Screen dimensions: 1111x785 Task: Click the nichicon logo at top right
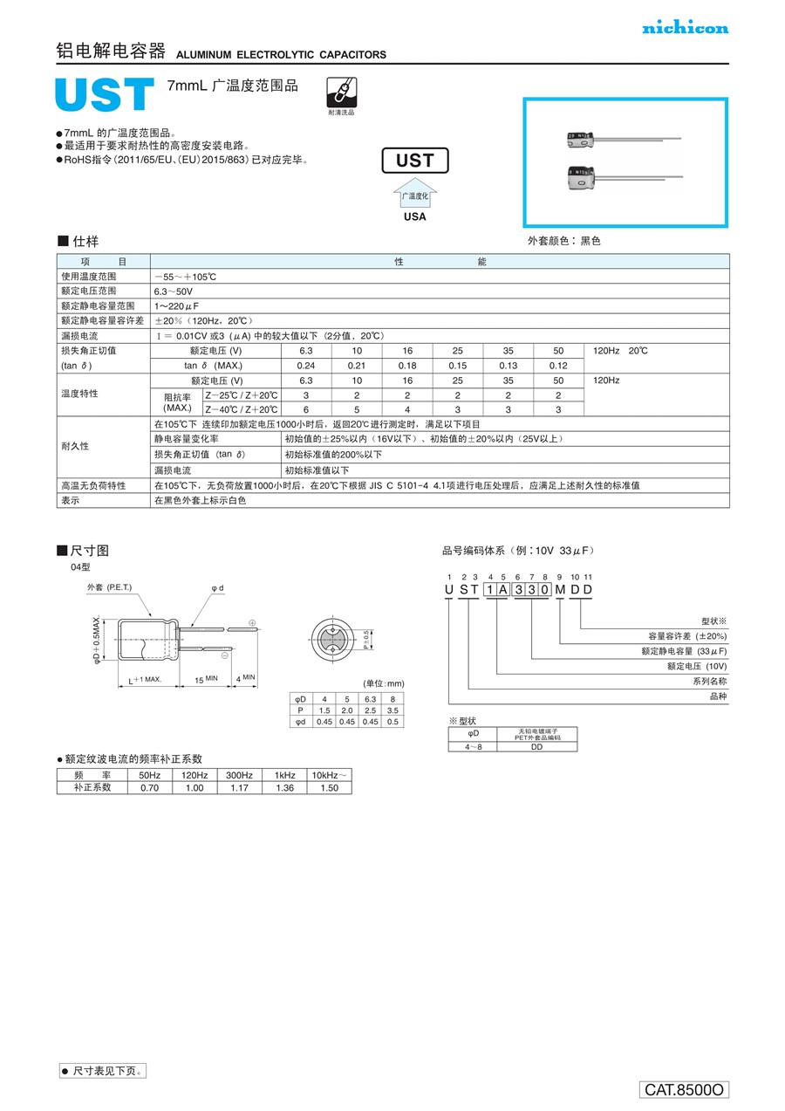pyautogui.click(x=685, y=28)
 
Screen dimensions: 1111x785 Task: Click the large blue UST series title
pyautogui.click(x=104, y=96)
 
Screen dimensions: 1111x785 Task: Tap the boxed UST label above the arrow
pyautogui.click(x=414, y=161)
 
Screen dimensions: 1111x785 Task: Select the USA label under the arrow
pyautogui.click(x=415, y=216)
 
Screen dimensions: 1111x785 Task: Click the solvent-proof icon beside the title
pyautogui.click(x=341, y=92)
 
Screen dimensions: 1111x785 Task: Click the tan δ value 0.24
pyautogui.click(x=305, y=366)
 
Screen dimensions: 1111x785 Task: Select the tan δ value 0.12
pyautogui.click(x=558, y=366)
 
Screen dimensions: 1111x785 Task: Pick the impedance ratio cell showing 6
pyautogui.click(x=305, y=409)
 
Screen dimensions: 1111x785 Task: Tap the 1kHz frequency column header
pyautogui.click(x=284, y=775)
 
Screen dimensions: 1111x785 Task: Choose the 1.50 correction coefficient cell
pyautogui.click(x=329, y=787)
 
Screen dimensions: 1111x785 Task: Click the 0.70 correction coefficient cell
pyautogui.click(x=149, y=787)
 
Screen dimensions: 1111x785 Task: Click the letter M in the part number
pyautogui.click(x=559, y=590)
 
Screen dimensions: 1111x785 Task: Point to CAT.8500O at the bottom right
pyautogui.click(x=684, y=1090)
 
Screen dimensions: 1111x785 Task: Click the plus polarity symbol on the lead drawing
pyautogui.click(x=252, y=622)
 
